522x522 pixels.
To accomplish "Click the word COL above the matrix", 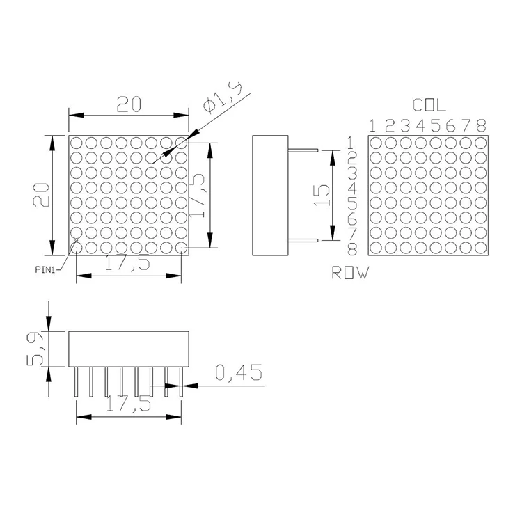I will pyautogui.click(x=429, y=106).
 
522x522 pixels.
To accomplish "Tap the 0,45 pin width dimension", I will pyautogui.click(x=239, y=374).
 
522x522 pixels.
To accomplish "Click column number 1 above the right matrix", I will pyautogui.click(x=373, y=126).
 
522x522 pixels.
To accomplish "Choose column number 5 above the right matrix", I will pyautogui.click(x=435, y=126).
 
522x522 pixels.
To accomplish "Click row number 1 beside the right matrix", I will pyautogui.click(x=353, y=143).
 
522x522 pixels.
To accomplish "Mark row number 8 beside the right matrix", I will pyautogui.click(x=353, y=248).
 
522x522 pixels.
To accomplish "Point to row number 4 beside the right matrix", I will pyautogui.click(x=353, y=188).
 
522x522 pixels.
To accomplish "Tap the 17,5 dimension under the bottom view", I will pyautogui.click(x=129, y=405).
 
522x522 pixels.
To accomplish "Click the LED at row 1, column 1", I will pyautogui.click(x=375, y=143).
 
